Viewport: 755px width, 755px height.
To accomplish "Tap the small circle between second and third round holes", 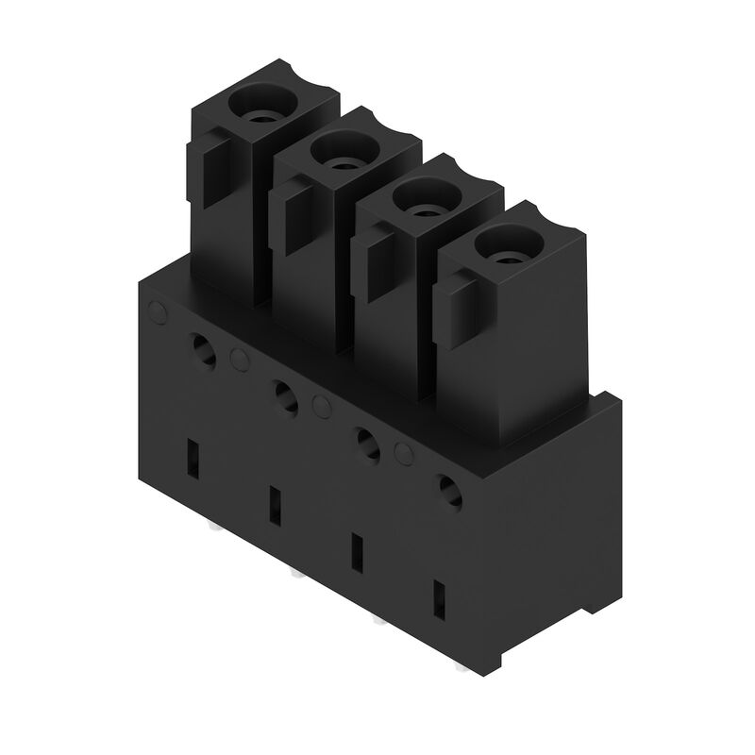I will (322, 406).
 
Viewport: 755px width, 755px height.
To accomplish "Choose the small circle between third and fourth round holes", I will (405, 454).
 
